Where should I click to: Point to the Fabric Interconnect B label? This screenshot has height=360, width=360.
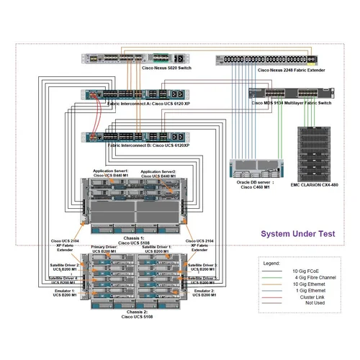(148, 146)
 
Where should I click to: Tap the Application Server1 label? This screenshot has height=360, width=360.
(111, 174)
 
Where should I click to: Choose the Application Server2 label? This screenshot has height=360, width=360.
(158, 174)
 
